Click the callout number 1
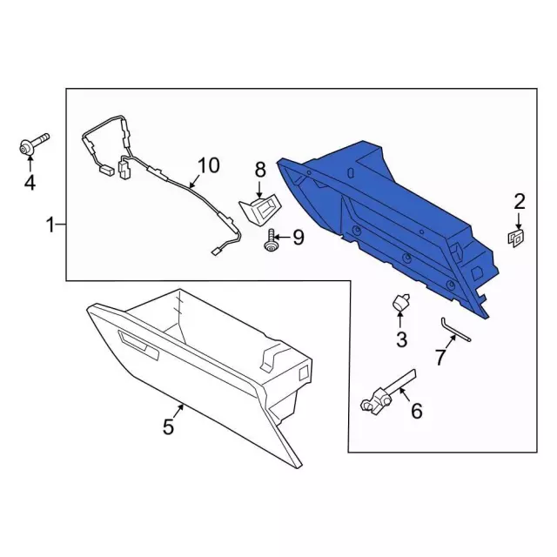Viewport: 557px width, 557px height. point(50,225)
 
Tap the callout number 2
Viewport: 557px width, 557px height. point(519,201)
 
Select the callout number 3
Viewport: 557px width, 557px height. point(401,339)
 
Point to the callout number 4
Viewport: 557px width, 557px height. point(30,183)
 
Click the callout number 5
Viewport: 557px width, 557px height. point(168,426)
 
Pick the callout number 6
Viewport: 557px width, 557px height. point(416,411)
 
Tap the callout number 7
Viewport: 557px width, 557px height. point(440,357)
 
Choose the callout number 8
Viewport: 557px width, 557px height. point(260,170)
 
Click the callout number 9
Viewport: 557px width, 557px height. point(299,238)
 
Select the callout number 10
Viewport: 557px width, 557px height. point(209,165)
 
